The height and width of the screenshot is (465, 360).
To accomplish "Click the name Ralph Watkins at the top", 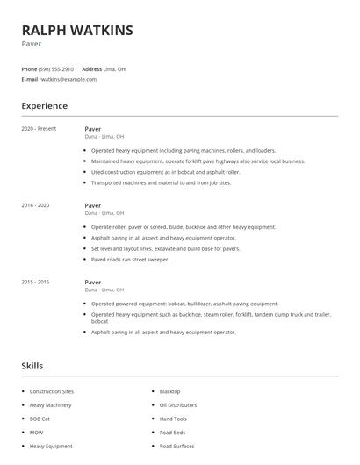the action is click(77, 31).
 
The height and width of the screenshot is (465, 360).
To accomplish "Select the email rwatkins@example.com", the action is click(68, 79).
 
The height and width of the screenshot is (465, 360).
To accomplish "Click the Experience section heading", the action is click(44, 106).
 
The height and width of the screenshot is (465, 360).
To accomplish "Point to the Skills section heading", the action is click(32, 365).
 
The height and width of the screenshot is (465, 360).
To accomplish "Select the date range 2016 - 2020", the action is click(35, 205).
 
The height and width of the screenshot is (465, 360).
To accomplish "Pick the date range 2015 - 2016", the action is click(35, 282).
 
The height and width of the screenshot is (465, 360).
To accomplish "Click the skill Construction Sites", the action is click(52, 391).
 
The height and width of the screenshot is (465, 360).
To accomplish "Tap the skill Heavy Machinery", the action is click(50, 405).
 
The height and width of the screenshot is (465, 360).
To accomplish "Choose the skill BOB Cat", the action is click(40, 418).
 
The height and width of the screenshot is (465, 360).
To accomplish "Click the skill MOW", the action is click(36, 433).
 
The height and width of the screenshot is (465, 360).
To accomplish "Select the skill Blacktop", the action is click(169, 391).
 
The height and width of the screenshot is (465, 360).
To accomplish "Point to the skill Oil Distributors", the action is click(177, 405).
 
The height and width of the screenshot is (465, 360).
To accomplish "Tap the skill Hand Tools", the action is click(173, 418).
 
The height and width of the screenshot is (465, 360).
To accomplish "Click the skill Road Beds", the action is click(172, 433).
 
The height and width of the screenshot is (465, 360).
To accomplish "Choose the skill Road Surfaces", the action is click(176, 446).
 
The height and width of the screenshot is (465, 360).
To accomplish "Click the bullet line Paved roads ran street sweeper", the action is click(130, 259).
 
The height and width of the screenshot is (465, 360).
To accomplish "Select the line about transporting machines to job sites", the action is click(161, 182).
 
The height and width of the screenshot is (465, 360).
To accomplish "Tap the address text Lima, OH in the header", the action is click(115, 68).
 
